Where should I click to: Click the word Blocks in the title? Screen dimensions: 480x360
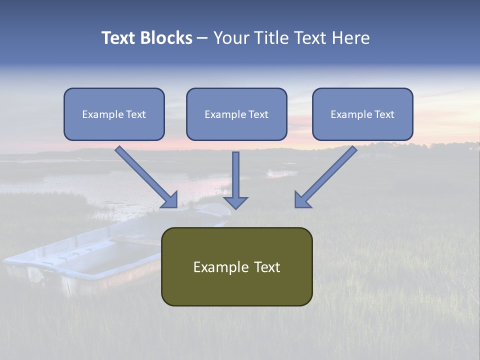[166, 38]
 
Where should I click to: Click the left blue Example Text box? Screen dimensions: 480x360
[114, 114]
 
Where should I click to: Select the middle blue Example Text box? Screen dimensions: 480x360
[236, 114]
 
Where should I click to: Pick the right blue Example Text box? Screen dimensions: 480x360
[363, 114]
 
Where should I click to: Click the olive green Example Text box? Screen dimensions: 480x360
[237, 266]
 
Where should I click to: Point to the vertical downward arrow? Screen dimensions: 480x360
[235, 180]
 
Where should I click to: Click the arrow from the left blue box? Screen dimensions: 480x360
[146, 177]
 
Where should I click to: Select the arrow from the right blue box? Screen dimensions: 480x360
[325, 177]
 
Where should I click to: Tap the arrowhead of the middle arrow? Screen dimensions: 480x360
[235, 203]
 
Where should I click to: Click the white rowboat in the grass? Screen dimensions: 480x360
[116, 248]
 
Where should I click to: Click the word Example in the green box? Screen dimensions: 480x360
[220, 267]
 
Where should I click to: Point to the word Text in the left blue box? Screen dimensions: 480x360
[136, 114]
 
